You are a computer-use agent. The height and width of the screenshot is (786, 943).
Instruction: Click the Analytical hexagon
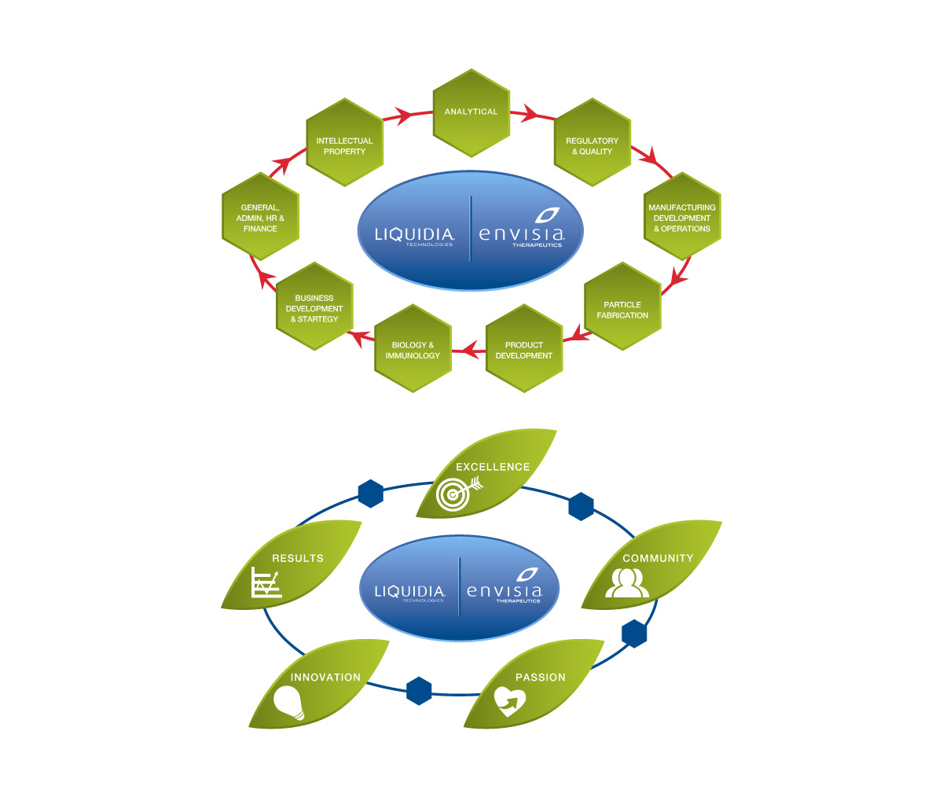tap(472, 112)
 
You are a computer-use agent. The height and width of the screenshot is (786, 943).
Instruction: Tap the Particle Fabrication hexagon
tap(622, 310)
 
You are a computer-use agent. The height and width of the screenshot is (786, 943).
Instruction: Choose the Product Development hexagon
tap(524, 351)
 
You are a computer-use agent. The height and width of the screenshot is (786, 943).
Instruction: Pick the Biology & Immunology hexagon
tap(413, 351)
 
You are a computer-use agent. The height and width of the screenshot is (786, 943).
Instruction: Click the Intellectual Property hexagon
tap(344, 145)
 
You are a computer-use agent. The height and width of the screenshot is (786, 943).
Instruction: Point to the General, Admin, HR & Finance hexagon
tap(260, 218)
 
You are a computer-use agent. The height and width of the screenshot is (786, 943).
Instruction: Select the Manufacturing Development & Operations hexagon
tap(681, 218)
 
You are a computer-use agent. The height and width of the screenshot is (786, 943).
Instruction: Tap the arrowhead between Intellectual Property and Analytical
tap(405, 116)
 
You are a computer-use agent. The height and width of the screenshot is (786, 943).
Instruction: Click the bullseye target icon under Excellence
tap(453, 495)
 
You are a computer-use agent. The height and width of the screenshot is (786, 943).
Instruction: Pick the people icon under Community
tap(627, 582)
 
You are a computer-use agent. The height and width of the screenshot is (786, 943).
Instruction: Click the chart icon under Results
tap(266, 582)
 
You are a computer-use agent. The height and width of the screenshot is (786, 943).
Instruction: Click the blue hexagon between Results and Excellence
tap(371, 494)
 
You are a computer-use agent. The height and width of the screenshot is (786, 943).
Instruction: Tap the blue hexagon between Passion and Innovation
tap(420, 691)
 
